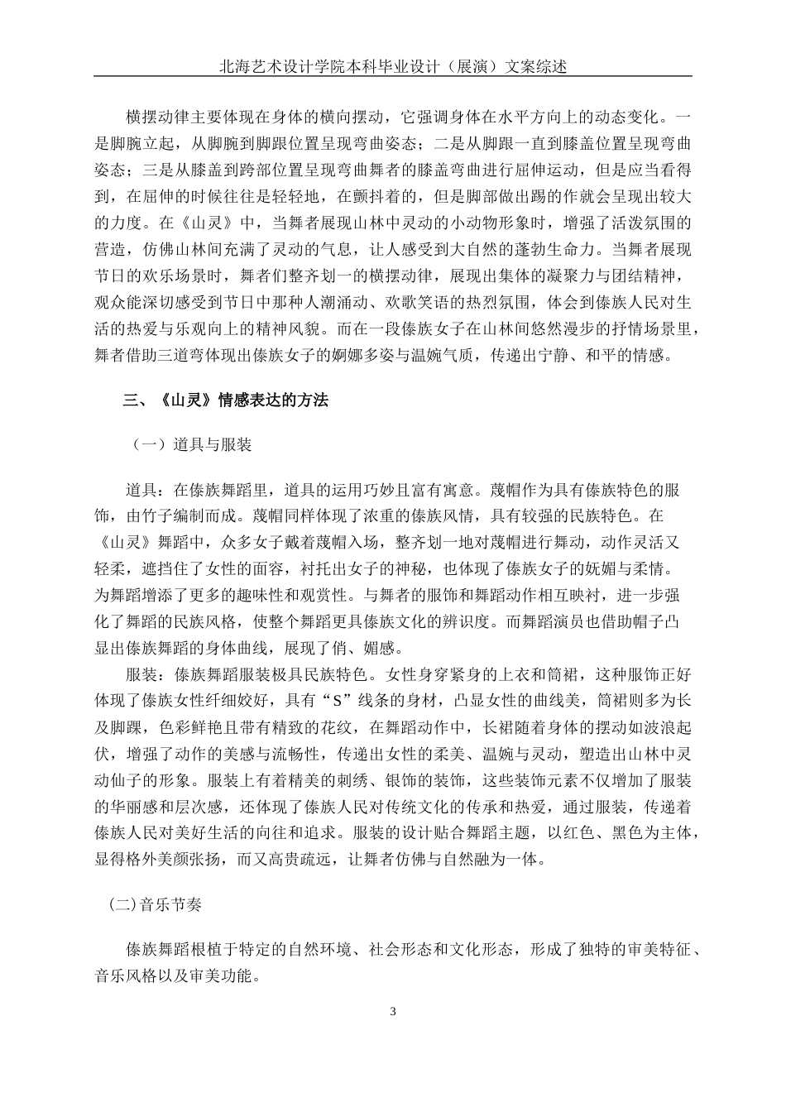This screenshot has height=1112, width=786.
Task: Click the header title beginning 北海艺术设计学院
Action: point(393,66)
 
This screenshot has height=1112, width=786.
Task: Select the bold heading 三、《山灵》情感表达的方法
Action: point(225,400)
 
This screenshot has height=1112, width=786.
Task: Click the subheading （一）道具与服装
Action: point(191,446)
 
